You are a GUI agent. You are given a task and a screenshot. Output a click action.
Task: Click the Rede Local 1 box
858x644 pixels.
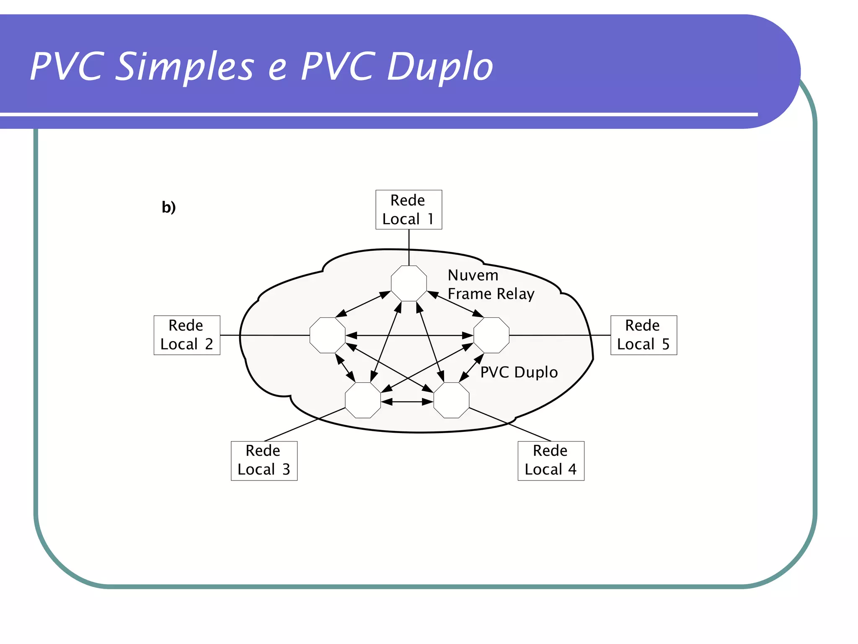click(x=408, y=210)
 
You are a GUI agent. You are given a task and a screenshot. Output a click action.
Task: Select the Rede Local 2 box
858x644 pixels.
click(x=187, y=335)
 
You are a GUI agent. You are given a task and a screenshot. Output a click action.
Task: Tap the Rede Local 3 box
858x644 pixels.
click(x=264, y=460)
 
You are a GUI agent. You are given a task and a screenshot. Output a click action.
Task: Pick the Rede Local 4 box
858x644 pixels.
click(x=550, y=460)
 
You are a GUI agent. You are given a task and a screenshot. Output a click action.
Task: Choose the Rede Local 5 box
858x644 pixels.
click(x=643, y=335)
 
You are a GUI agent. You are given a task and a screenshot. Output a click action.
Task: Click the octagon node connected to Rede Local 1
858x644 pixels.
click(x=409, y=283)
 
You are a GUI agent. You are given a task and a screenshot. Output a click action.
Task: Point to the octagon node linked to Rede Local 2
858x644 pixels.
click(x=328, y=335)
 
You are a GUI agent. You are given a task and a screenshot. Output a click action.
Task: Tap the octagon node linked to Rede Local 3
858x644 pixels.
click(x=363, y=400)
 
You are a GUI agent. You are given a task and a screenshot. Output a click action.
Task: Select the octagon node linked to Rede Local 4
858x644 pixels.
click(x=452, y=400)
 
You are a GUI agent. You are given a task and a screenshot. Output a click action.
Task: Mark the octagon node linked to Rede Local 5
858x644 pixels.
click(x=491, y=335)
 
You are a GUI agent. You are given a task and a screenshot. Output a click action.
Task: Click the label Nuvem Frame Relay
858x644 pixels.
click(x=491, y=285)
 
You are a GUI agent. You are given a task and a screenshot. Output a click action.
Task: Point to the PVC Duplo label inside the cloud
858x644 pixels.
click(x=519, y=372)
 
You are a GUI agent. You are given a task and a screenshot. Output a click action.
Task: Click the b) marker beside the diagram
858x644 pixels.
click(x=169, y=207)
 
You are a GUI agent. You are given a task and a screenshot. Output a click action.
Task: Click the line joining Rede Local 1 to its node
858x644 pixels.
click(x=409, y=247)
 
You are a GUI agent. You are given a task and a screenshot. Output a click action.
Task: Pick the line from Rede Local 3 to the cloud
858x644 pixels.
click(x=305, y=424)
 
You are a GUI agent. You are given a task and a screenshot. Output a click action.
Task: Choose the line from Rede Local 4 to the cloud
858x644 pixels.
click(x=510, y=424)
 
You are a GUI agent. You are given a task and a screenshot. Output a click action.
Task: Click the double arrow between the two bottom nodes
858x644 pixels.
click(x=407, y=402)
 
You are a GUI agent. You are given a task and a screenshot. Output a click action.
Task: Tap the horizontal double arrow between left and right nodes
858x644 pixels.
click(x=409, y=335)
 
